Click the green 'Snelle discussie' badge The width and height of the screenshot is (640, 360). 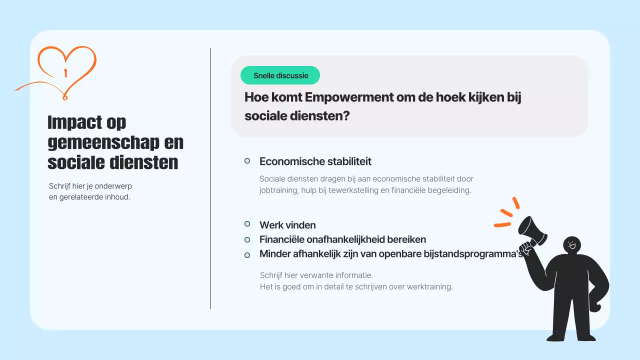[280, 75]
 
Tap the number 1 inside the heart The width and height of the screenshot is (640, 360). [65, 73]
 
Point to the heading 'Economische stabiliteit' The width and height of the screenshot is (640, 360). [315, 161]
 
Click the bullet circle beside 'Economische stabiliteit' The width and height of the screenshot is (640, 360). [247, 161]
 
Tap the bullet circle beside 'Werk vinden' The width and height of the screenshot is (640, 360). [247, 224]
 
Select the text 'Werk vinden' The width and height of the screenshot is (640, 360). [287, 225]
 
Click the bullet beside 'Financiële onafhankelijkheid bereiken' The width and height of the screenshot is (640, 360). [247, 239]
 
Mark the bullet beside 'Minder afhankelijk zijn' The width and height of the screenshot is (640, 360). [247, 255]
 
